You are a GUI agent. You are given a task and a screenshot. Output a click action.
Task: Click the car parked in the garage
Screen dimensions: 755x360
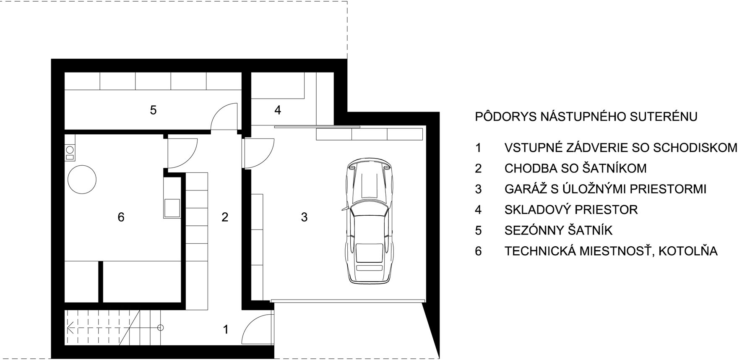[370, 222]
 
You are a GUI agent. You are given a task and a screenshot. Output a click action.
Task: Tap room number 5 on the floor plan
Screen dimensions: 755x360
[153, 110]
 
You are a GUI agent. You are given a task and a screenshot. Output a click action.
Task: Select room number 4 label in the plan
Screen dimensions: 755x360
[277, 110]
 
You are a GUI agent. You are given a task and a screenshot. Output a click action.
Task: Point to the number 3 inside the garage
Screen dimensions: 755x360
[304, 217]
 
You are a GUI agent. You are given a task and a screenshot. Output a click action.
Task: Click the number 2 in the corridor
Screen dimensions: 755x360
[225, 217]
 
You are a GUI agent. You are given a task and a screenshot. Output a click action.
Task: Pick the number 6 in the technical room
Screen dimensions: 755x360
[121, 217]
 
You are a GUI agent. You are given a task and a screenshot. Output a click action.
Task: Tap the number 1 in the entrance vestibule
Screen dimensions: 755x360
[226, 330]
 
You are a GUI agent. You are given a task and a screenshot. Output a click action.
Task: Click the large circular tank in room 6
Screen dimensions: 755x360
[82, 179]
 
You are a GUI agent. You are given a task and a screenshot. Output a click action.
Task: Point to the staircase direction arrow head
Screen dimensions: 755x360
[70, 327]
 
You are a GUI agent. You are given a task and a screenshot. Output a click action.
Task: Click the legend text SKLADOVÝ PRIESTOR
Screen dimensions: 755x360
[571, 209]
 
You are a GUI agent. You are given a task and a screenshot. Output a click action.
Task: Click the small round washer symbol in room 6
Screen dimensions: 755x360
[70, 149]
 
